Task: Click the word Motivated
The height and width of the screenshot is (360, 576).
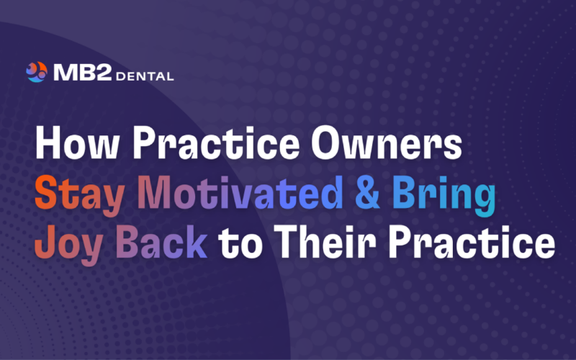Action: point(240,195)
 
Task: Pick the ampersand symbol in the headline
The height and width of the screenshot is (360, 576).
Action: point(370,195)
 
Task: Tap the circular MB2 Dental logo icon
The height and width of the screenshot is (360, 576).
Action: point(37,72)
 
